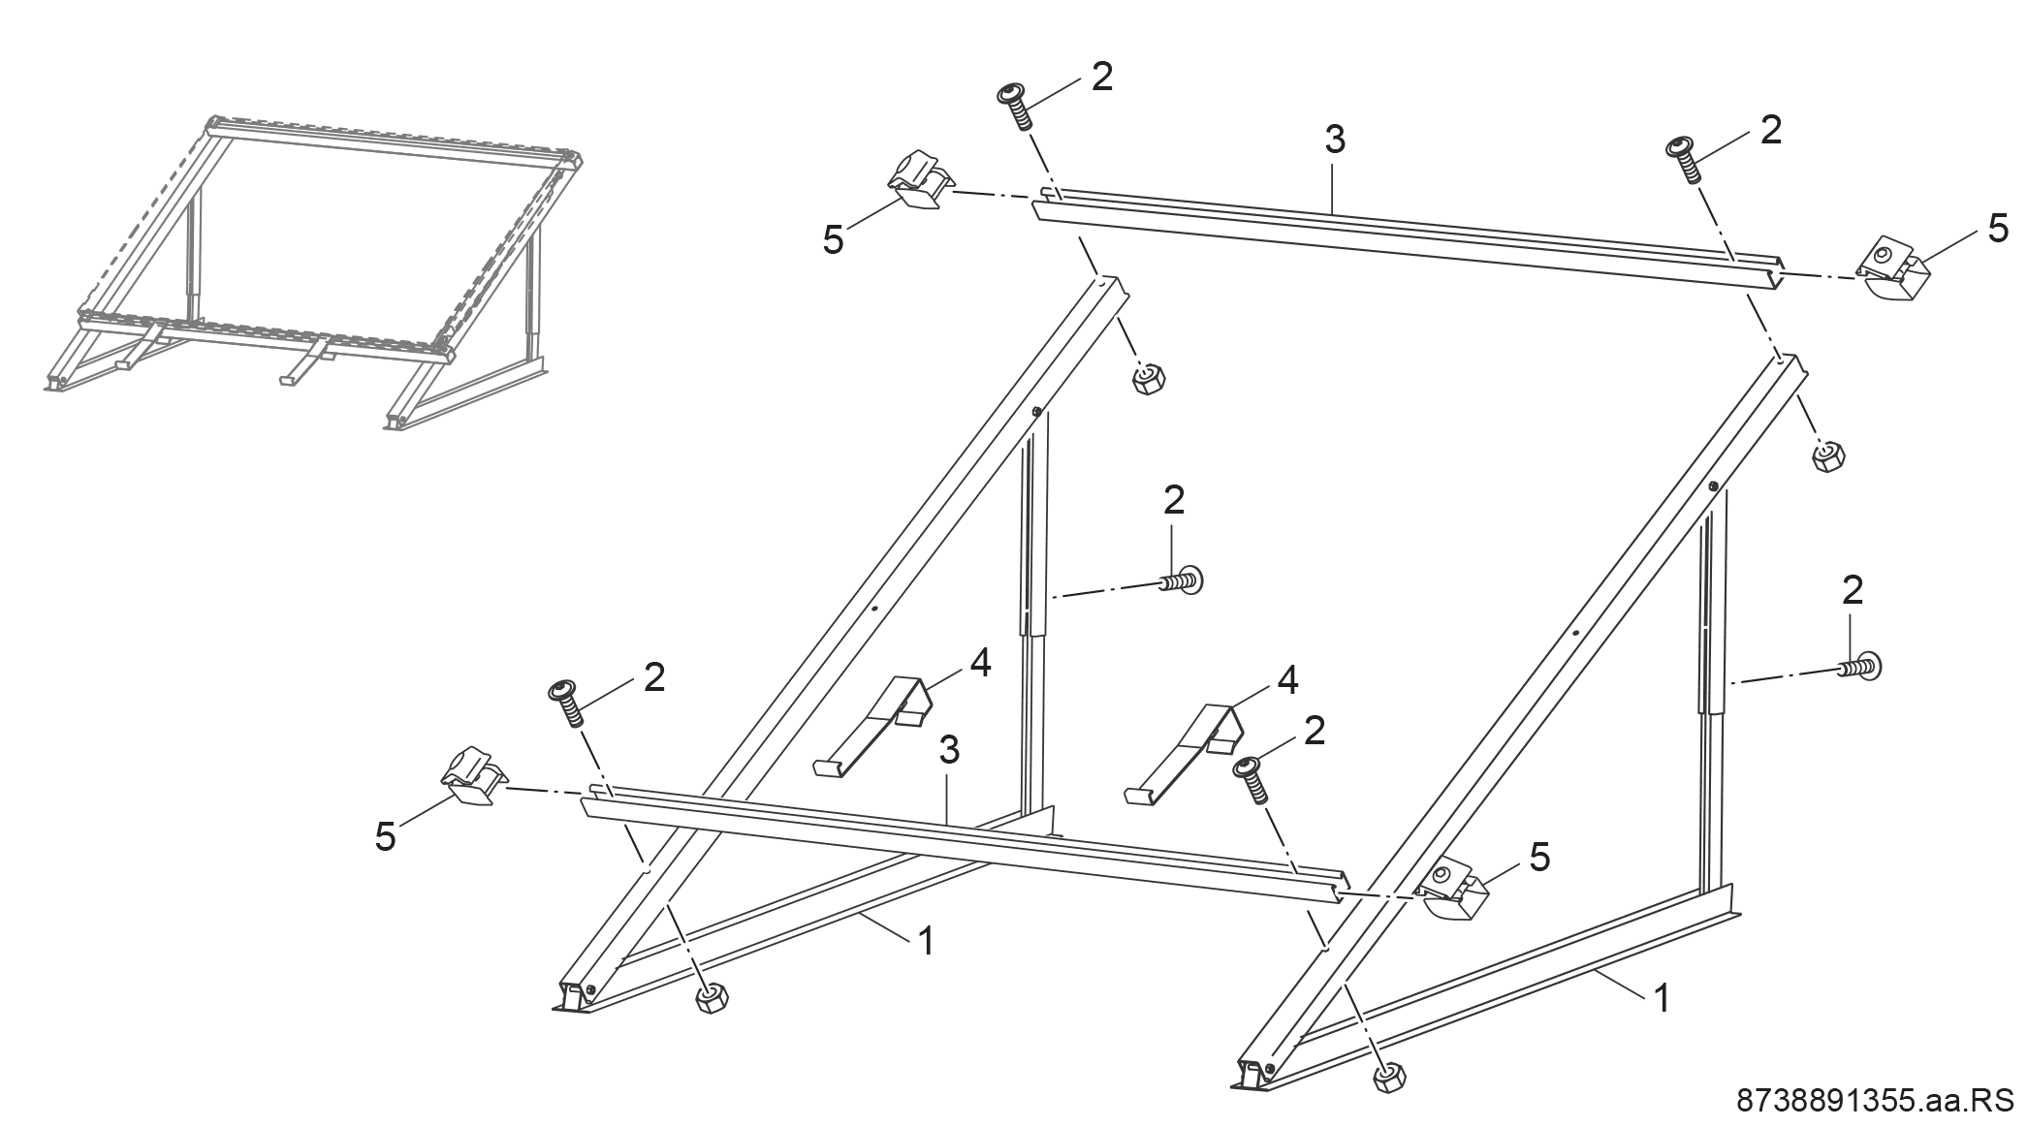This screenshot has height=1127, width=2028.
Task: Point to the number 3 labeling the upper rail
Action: point(1335,141)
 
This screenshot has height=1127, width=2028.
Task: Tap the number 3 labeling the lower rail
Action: point(949,749)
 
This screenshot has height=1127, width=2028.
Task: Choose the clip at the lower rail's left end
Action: point(473,775)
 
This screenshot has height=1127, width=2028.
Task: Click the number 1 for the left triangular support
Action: point(927,940)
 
